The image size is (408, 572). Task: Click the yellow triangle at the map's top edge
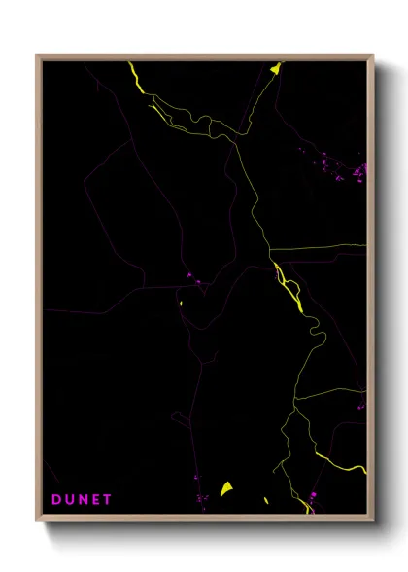(276, 68)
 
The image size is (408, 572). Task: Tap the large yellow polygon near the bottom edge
(226, 488)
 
